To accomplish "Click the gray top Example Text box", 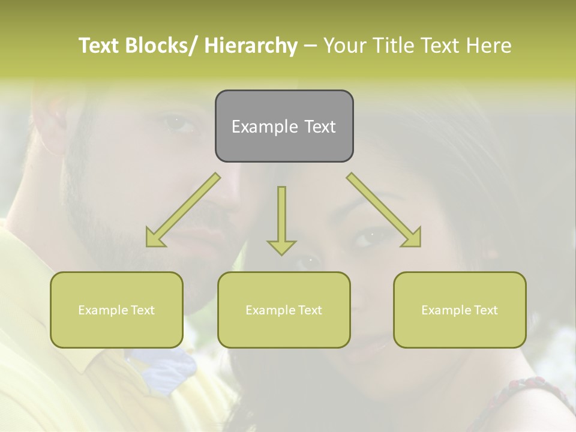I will pyautogui.click(x=284, y=126).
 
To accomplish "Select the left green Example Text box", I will pyautogui.click(x=116, y=310).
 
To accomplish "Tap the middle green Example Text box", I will pyautogui.click(x=284, y=310).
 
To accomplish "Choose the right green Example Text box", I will pyautogui.click(x=460, y=310).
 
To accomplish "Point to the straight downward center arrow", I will pyautogui.click(x=281, y=219).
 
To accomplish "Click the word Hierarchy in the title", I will pyautogui.click(x=250, y=46).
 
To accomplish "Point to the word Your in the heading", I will pyautogui.click(x=344, y=46).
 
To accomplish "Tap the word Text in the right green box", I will pyautogui.click(x=485, y=310).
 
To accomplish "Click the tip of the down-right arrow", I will pyautogui.click(x=419, y=244).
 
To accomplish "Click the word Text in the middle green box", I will pyautogui.click(x=310, y=310).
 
